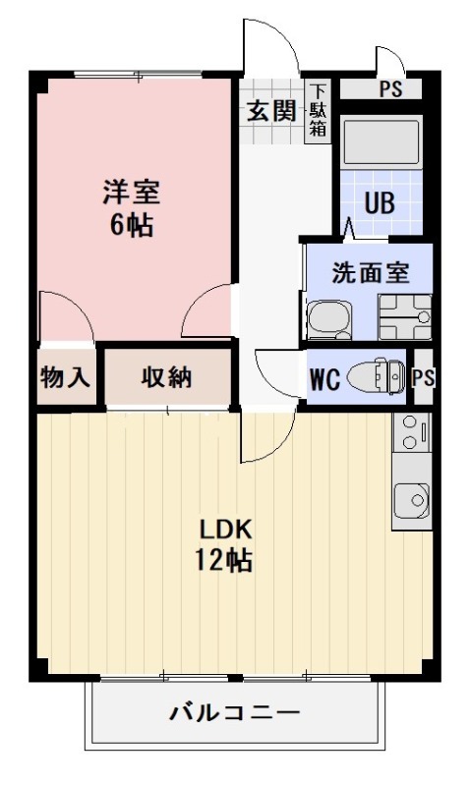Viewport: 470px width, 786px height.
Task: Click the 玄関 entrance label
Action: (x=271, y=111)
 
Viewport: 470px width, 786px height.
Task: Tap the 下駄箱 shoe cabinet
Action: (x=318, y=111)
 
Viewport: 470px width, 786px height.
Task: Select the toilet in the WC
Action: (x=377, y=375)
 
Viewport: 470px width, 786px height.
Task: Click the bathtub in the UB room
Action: (x=382, y=141)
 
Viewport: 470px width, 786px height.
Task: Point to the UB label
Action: (x=380, y=203)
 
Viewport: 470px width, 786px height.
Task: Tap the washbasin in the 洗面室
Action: (x=328, y=319)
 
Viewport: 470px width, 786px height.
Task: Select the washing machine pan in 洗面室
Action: (x=405, y=316)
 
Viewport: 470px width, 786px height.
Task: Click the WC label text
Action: (x=325, y=379)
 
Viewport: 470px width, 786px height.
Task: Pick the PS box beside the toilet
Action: (x=423, y=376)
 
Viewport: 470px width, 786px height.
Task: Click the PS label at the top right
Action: (x=390, y=89)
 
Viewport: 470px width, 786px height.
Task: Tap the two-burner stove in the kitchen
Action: (x=412, y=432)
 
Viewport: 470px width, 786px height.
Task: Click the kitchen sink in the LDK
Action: (x=412, y=500)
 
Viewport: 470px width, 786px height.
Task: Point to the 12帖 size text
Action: (x=224, y=560)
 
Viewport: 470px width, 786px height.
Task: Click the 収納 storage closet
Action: (x=167, y=376)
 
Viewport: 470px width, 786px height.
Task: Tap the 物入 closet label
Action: (x=66, y=376)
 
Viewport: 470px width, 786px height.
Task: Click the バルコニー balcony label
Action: (x=234, y=712)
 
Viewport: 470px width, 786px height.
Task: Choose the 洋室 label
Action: (x=132, y=192)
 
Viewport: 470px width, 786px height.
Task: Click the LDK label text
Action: (x=225, y=529)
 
